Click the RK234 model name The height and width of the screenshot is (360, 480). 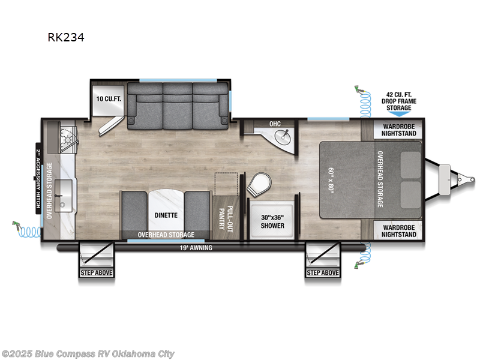(x=66, y=37)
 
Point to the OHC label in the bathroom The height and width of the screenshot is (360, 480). (x=275, y=124)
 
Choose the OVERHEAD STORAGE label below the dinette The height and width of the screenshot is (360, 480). (x=166, y=235)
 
